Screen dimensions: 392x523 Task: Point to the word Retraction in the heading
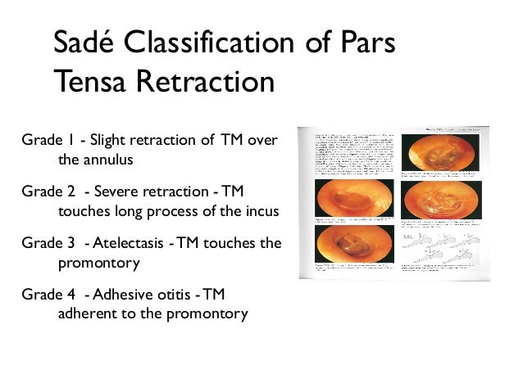(x=209, y=82)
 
